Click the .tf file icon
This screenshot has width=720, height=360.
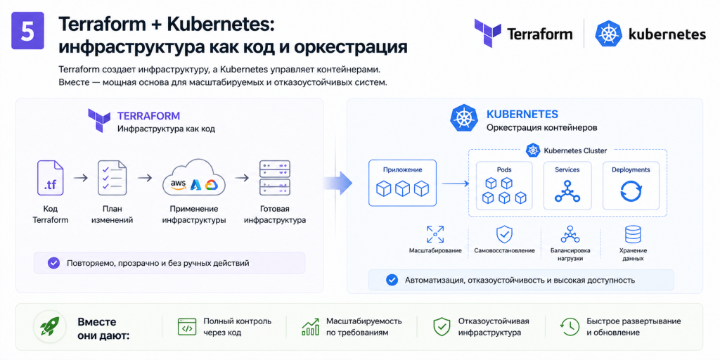coord(50,178)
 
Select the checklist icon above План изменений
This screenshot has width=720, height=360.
coord(112,178)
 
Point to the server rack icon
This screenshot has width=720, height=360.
coord(275,179)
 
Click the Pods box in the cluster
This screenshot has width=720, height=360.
coord(504,186)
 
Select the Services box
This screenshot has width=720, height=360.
coord(567,186)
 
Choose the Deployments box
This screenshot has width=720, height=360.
coord(631,186)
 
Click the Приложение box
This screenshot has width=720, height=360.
coord(403,182)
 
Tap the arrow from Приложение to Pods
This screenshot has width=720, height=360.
coord(456,184)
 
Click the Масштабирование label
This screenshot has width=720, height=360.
coord(435,251)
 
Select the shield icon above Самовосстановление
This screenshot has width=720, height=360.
coord(504,234)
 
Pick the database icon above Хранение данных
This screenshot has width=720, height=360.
coord(632,234)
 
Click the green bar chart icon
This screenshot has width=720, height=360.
coord(310,326)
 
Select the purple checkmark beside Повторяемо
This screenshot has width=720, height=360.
coord(53,263)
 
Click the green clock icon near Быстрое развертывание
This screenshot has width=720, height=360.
coord(569,326)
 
